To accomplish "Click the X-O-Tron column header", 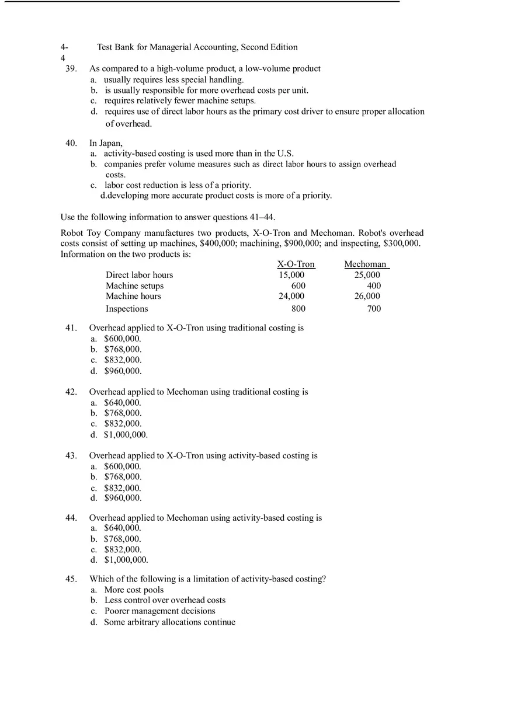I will pyautogui.click(x=296, y=264).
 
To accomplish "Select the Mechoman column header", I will pyautogui.click(x=366, y=264).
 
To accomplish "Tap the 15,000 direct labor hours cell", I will pyautogui.click(x=291, y=275).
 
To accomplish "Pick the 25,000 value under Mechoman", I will pyautogui.click(x=367, y=275).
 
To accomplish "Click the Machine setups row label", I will pyautogui.click(x=134, y=286).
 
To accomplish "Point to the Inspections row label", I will pyautogui.click(x=127, y=309).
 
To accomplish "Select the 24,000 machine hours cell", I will pyautogui.click(x=291, y=297).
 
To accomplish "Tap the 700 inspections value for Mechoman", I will pyautogui.click(x=374, y=309).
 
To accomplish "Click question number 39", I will pyautogui.click(x=71, y=69).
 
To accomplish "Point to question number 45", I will pyautogui.click(x=71, y=579).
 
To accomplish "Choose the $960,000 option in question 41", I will pyautogui.click(x=123, y=371).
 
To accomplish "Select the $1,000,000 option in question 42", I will pyautogui.click(x=126, y=435).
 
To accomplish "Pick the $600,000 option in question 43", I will pyautogui.click(x=123, y=466).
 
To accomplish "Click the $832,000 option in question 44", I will pyautogui.click(x=123, y=550).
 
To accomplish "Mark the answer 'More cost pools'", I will pyautogui.click(x=134, y=590).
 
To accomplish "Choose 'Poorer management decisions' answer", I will pyautogui.click(x=160, y=611).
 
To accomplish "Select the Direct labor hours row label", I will pyautogui.click(x=139, y=275).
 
